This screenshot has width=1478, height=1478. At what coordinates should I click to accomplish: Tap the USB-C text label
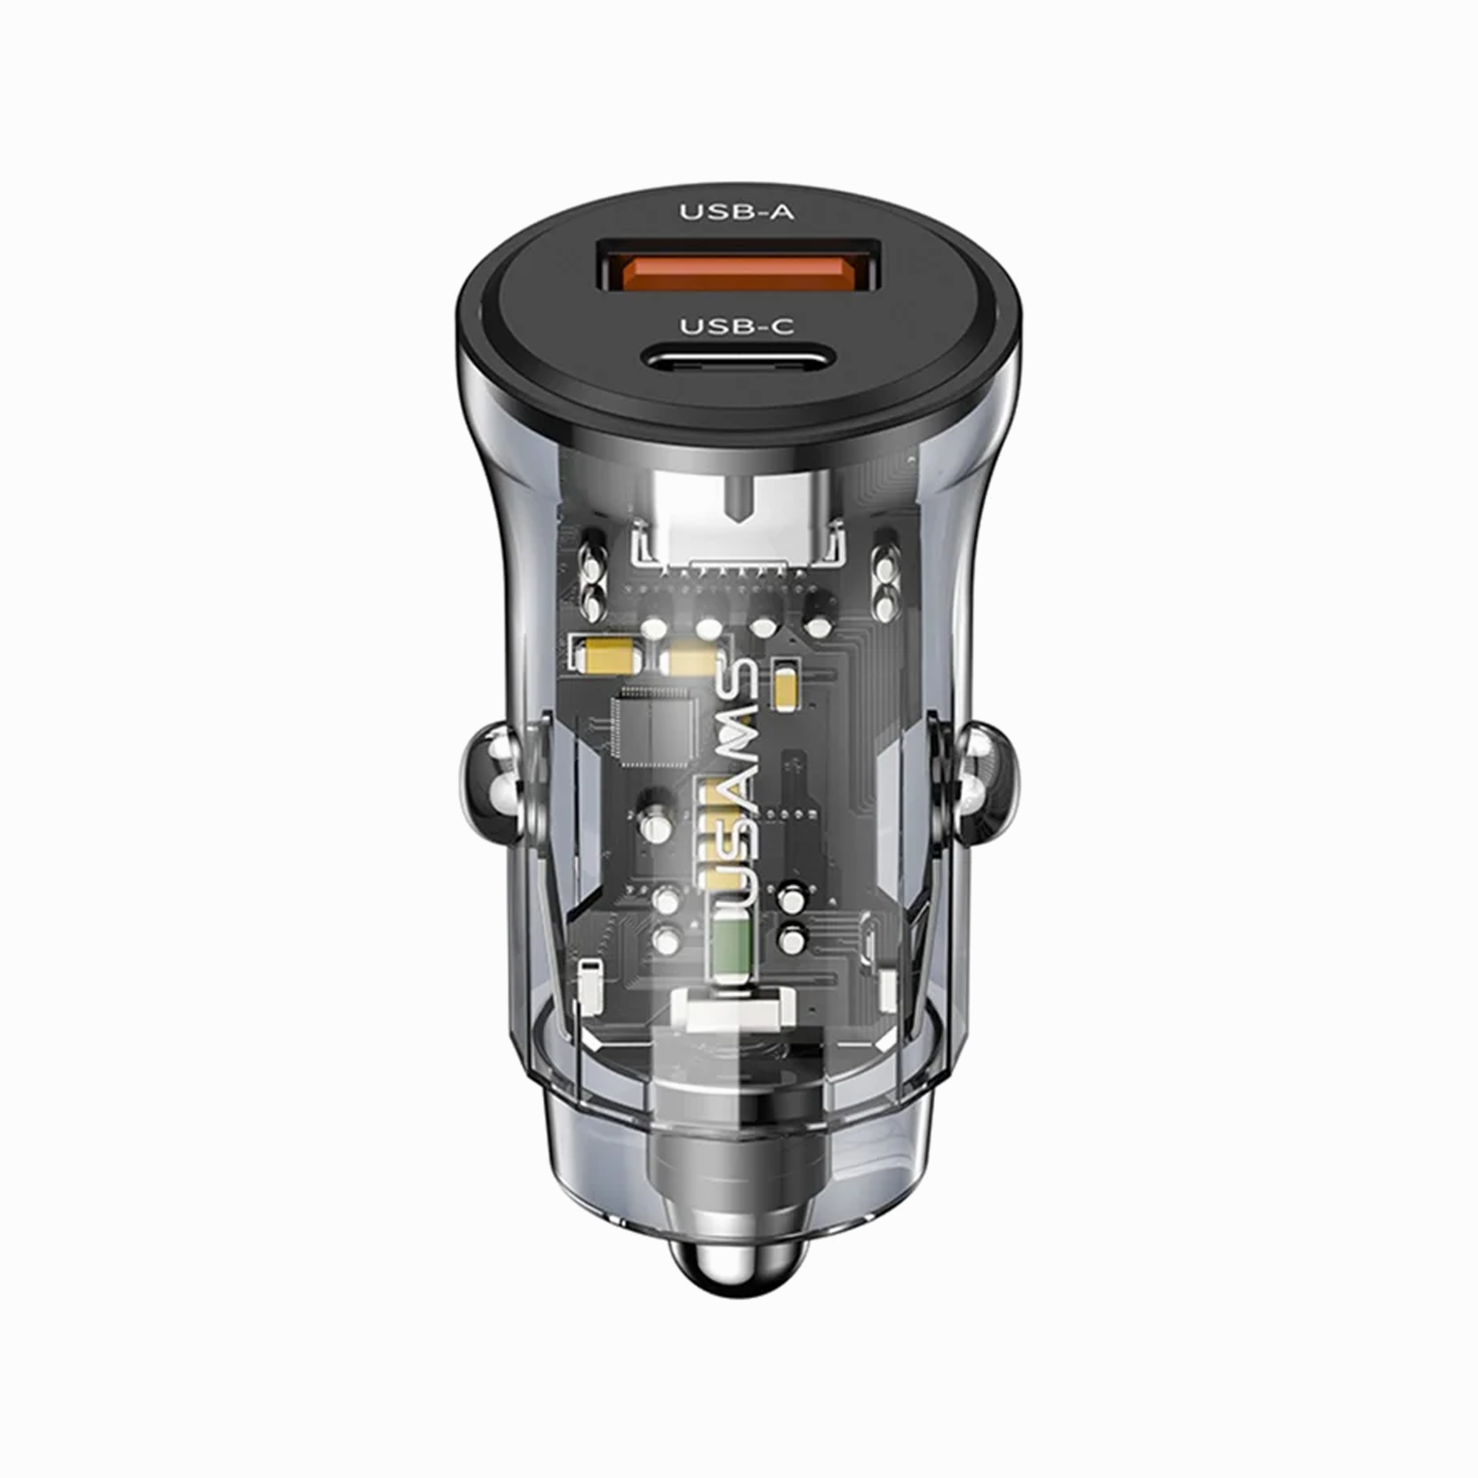coord(738,327)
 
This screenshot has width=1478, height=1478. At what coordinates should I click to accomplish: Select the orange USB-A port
coord(738,276)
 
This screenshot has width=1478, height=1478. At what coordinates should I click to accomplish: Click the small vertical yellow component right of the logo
coord(786,687)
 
